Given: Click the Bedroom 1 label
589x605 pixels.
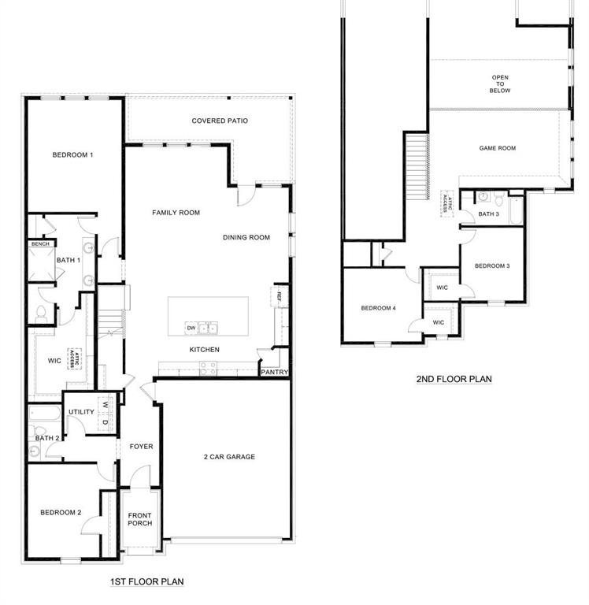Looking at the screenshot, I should coord(73,155).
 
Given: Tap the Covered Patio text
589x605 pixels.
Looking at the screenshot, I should coord(220,121).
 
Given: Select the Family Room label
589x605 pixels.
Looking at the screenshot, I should coord(176,213).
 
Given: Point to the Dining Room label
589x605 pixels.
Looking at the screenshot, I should coord(246,238).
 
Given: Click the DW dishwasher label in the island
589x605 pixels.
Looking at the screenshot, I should coord(191,328).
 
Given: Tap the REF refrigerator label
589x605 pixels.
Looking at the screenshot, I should coord(279,295).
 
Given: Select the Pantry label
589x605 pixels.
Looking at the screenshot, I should coord(275,373).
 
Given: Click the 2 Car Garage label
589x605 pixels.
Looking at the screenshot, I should coord(229,457).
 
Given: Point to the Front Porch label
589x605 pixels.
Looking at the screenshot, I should coord(140,520).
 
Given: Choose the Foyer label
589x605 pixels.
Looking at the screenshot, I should coord(142,447).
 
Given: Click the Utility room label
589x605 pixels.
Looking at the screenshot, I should coord(81,412).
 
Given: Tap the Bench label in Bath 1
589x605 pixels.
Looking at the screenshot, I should coord(40,244).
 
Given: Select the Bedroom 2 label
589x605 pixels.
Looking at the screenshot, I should coord(61,513).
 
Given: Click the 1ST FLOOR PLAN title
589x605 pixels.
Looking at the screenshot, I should coord(147,582).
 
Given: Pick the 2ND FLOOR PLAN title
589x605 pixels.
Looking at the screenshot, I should coord(454,379).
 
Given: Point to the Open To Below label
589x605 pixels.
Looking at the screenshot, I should coord(501,84).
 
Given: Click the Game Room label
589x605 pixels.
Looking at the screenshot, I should coord(498,148).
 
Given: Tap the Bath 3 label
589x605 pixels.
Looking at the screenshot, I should coord(489,214).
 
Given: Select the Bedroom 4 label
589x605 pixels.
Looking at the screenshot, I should coord(378,308).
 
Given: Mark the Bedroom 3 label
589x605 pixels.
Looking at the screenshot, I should coord(492,266).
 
